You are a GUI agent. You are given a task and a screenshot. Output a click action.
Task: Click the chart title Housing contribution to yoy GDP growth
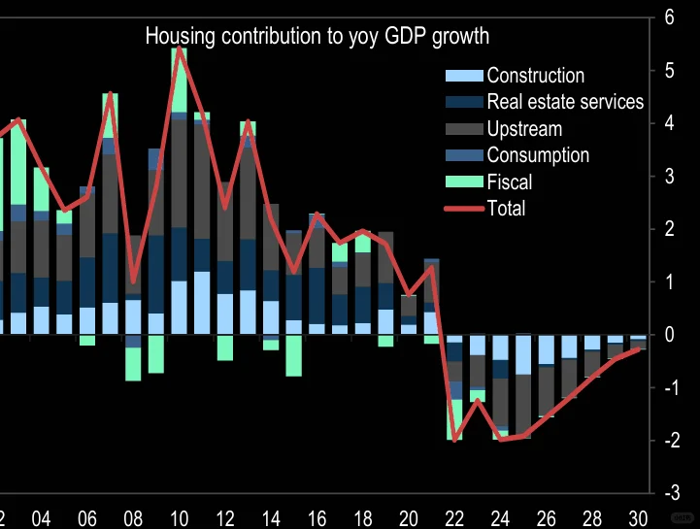tap(317, 37)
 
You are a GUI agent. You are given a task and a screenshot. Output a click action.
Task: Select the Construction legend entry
tap(535, 76)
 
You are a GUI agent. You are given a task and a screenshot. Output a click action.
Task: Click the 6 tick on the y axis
tap(669, 17)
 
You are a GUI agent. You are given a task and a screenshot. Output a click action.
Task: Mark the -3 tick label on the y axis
tap(669, 493)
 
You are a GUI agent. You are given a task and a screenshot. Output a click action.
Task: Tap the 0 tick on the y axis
tap(669, 335)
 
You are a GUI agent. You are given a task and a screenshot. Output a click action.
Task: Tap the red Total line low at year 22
tap(454, 441)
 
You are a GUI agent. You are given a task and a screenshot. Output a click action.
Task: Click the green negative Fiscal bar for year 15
tap(294, 355)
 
